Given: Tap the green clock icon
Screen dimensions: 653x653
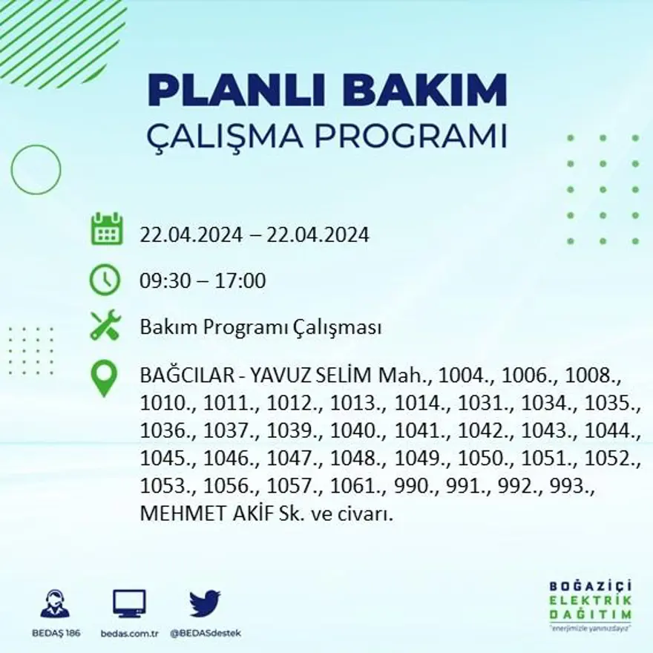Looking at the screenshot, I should (x=105, y=280).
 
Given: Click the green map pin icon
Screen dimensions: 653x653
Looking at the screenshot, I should (x=105, y=378).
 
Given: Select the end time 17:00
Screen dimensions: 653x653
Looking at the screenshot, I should (x=240, y=281).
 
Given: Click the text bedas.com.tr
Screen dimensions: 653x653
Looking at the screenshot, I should (x=129, y=633).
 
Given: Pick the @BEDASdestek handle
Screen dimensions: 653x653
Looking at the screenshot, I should (x=205, y=633).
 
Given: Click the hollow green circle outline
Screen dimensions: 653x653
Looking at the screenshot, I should (x=36, y=170).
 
